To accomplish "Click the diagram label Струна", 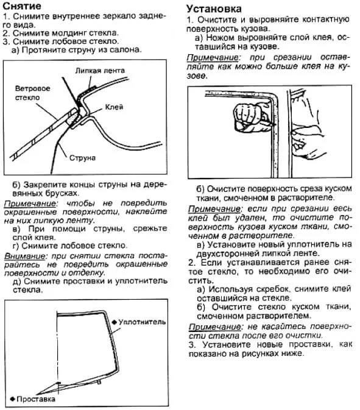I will tap(83, 158).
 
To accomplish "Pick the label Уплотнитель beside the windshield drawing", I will tap(142, 321).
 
